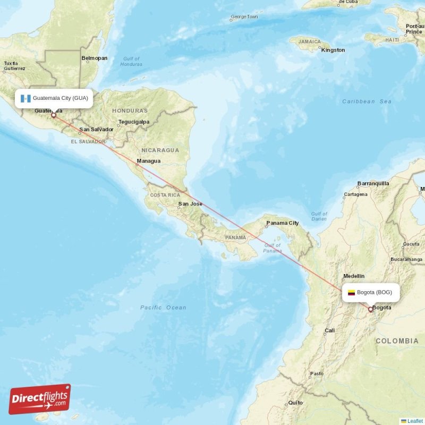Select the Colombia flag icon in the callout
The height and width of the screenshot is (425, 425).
(x=351, y=293)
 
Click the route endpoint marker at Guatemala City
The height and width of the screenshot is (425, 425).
(x=53, y=115)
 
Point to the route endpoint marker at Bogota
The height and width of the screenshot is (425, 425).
(x=370, y=309)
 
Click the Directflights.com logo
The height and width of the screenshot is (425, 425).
(x=40, y=399)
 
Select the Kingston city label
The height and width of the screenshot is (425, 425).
(x=333, y=50)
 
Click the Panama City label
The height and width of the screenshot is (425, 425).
(x=282, y=223)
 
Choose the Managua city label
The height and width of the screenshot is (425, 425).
(x=148, y=161)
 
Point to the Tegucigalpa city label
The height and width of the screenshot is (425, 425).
(x=134, y=122)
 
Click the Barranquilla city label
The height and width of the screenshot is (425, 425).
(x=373, y=183)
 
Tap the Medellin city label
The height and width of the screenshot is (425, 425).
(x=354, y=276)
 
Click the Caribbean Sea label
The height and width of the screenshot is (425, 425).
(x=367, y=101)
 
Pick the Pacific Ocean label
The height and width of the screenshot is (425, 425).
(x=163, y=308)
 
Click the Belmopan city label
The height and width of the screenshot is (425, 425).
(x=94, y=58)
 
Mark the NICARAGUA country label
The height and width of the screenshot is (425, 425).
(x=160, y=150)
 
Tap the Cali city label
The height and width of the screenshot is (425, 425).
(x=330, y=330)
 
